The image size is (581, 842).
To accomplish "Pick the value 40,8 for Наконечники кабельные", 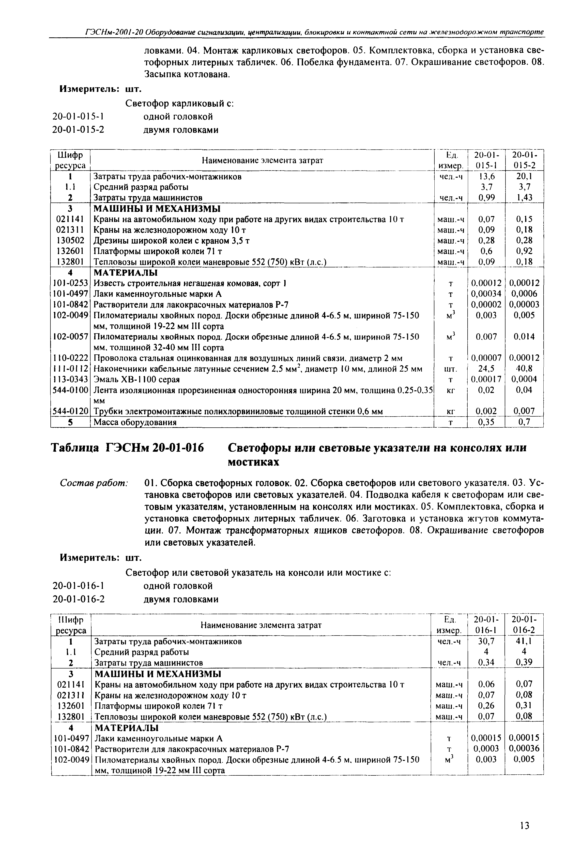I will pyautogui.click(x=524, y=369).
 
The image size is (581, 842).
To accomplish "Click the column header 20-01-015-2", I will pyautogui.click(x=524, y=160).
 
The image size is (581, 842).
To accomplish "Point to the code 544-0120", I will pyautogui.click(x=70, y=411).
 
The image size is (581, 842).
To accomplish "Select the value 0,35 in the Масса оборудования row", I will pyautogui.click(x=486, y=422).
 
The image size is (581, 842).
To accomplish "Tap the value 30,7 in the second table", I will pyautogui.click(x=486, y=641).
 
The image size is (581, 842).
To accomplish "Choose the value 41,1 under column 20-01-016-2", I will pyautogui.click(x=524, y=641).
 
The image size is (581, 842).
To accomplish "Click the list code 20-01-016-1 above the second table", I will pyautogui.click(x=78, y=586).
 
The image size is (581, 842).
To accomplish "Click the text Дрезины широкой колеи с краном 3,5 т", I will pyautogui.click(x=171, y=240).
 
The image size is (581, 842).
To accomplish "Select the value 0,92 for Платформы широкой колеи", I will pyautogui.click(x=524, y=251).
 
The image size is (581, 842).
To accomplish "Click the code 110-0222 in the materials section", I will pyautogui.click(x=70, y=358).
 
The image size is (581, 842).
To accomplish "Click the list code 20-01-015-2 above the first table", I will pyautogui.click(x=78, y=130).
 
